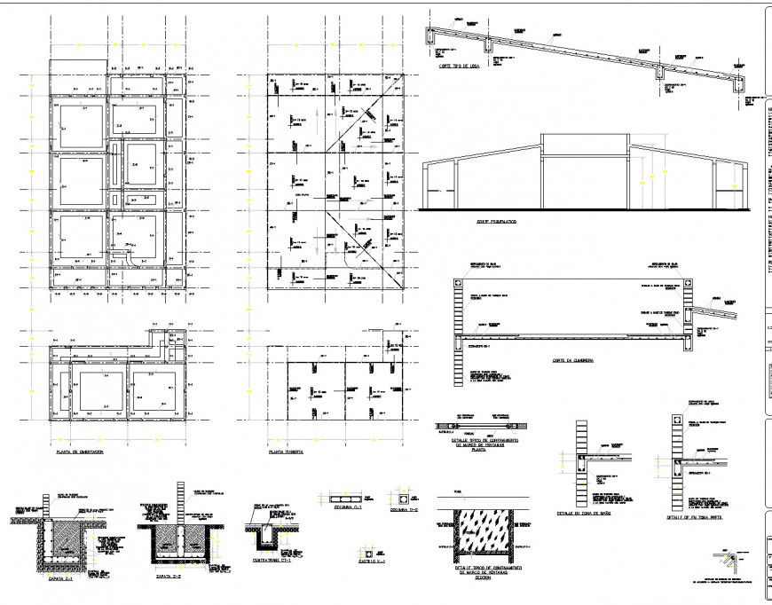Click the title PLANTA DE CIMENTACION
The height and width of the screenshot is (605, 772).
pyautogui.click(x=80, y=452)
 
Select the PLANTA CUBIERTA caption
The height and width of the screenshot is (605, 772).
pyautogui.click(x=287, y=452)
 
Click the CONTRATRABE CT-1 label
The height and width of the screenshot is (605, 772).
pyautogui.click(x=270, y=561)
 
